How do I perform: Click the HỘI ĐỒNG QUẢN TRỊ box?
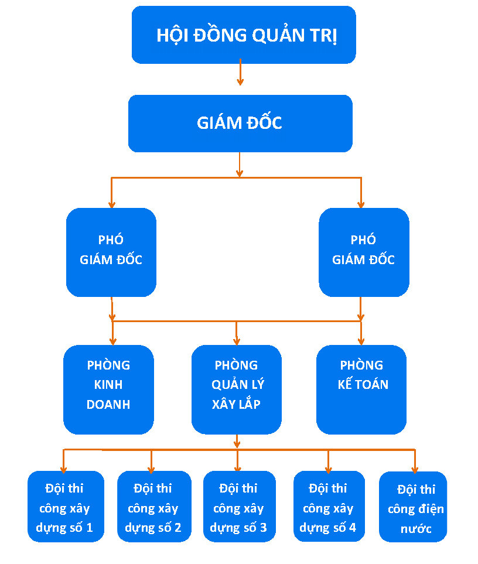pyautogui.click(x=244, y=35)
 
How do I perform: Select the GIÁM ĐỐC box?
pyautogui.click(x=240, y=124)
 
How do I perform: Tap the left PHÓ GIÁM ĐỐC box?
pyautogui.click(x=111, y=252)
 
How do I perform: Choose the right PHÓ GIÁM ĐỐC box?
pyautogui.click(x=364, y=252)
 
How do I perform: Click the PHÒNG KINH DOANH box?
pyautogui.click(x=108, y=389)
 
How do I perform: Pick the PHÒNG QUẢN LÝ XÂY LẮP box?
pyautogui.click(x=236, y=389)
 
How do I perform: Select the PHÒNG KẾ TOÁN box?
pyautogui.click(x=361, y=389)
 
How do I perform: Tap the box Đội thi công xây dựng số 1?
pyautogui.click(x=66, y=507)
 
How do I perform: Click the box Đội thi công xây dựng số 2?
pyautogui.click(x=154, y=507)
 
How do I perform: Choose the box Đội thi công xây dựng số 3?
pyautogui.click(x=240, y=507)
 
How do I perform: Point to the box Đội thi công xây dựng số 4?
pyautogui.click(x=329, y=507)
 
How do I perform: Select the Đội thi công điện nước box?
pyautogui.click(x=413, y=507)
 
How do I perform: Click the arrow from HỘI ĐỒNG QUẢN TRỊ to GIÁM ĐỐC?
pyautogui.click(x=240, y=72)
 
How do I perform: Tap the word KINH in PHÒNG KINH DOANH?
pyautogui.click(x=108, y=385)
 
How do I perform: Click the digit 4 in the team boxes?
pyautogui.click(x=353, y=527)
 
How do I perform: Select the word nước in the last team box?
pyautogui.click(x=416, y=529)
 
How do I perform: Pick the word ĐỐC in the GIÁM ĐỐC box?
pyautogui.click(x=264, y=122)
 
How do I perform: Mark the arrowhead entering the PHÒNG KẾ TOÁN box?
pyautogui.click(x=361, y=341)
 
